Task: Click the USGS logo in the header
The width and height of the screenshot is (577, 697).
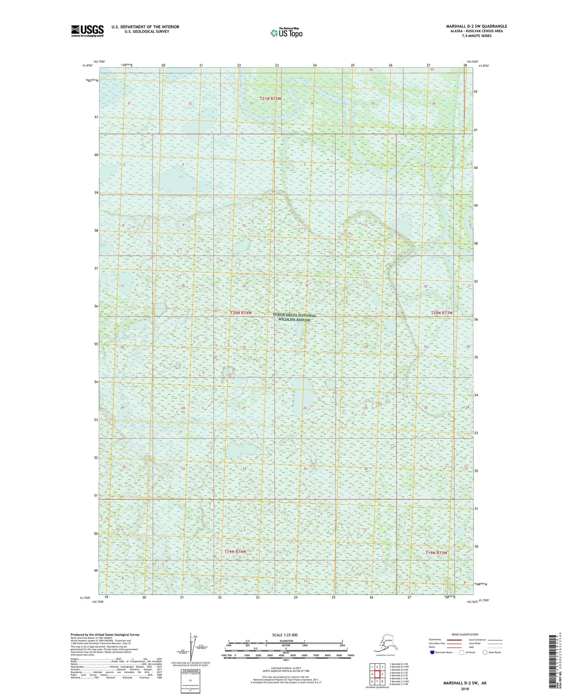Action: click(87, 31)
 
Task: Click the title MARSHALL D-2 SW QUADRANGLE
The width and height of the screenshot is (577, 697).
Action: click(476, 26)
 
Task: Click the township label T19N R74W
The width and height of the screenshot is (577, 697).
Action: click(235, 552)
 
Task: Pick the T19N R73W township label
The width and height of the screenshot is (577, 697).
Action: click(436, 553)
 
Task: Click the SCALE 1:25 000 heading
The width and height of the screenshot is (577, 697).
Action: click(285, 635)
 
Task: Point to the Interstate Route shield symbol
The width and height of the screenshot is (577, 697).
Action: click(432, 653)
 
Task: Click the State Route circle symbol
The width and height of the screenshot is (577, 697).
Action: click(485, 653)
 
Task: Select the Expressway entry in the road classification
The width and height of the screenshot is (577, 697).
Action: click(435, 640)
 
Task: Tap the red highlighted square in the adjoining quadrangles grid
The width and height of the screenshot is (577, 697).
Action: click(377, 674)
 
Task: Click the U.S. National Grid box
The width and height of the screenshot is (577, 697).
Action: click(190, 681)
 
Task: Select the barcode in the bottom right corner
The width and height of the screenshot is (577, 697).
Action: click(553, 663)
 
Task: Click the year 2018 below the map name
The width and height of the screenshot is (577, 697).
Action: click(464, 689)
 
